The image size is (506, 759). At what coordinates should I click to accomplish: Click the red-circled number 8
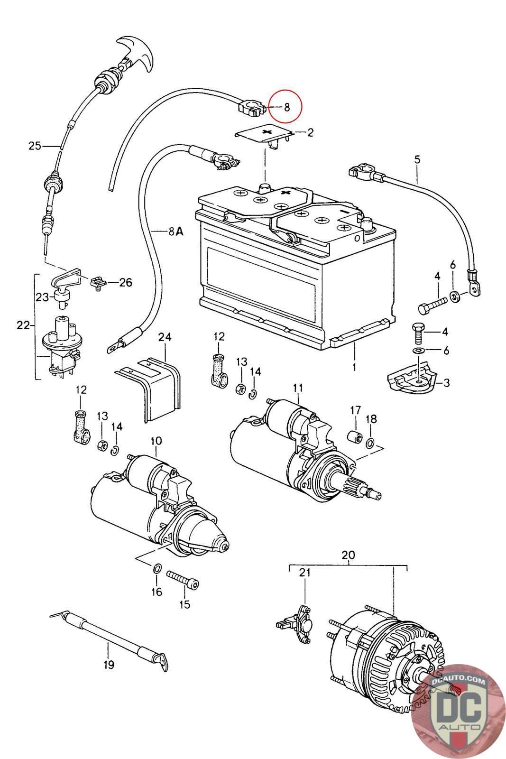click(286, 107)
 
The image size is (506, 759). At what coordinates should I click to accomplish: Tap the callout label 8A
click(175, 231)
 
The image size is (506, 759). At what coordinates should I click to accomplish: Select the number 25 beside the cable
click(35, 146)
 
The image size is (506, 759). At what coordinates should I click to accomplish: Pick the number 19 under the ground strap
click(109, 665)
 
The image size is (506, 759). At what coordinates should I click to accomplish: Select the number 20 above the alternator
click(348, 555)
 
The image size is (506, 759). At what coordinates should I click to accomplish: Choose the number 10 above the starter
click(156, 441)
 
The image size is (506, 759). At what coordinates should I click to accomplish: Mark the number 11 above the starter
click(297, 388)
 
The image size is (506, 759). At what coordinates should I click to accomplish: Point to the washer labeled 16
click(156, 568)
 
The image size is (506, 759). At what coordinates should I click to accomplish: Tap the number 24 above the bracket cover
click(165, 337)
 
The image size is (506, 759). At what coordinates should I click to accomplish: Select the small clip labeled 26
click(97, 283)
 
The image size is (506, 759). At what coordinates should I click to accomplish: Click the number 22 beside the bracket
click(23, 325)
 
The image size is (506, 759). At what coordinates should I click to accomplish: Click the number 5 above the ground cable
click(417, 159)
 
